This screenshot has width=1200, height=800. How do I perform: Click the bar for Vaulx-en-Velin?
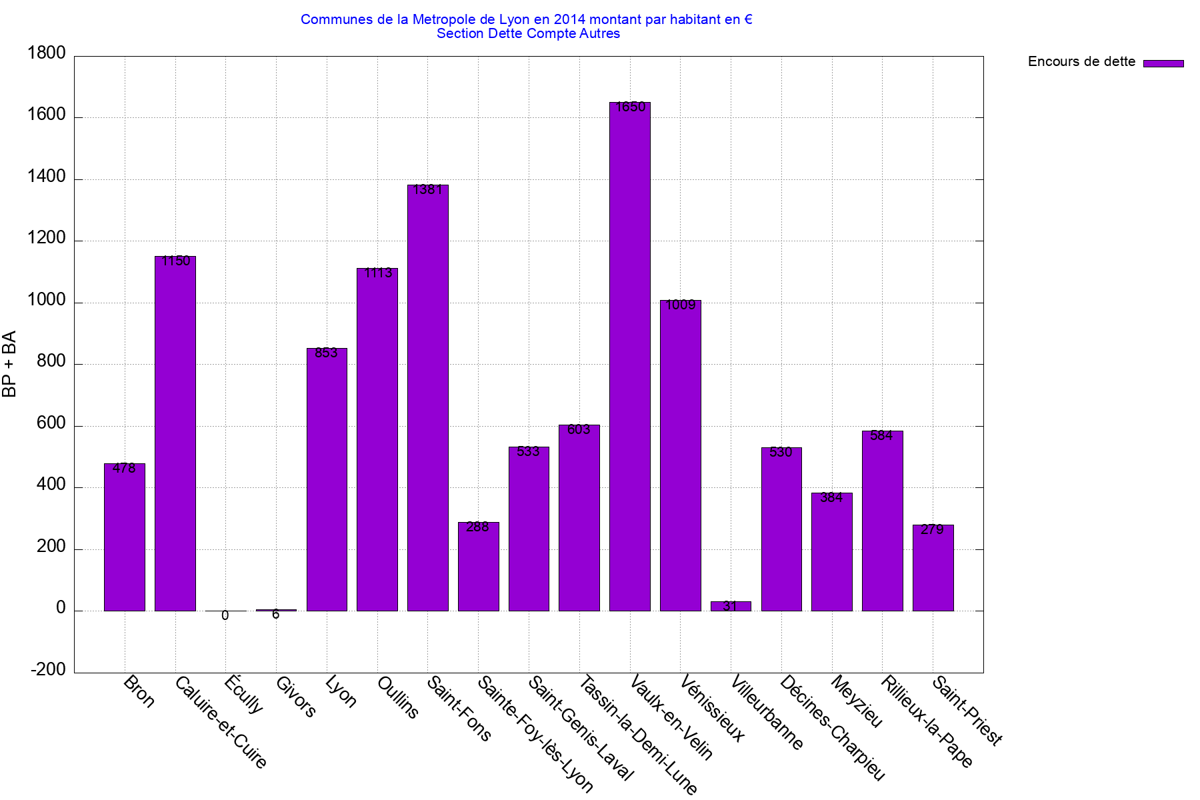[630, 357]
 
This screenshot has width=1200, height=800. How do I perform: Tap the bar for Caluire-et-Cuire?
[175, 433]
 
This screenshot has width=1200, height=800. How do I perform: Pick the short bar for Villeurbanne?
[731, 606]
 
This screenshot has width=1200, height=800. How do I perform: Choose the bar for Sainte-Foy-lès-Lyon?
[478, 567]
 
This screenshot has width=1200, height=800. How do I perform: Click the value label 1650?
[630, 107]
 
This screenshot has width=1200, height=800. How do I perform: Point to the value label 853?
[327, 353]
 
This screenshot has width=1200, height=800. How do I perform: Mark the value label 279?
[932, 530]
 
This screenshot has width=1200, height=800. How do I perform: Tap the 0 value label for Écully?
[225, 616]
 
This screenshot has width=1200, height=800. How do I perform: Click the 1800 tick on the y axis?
[47, 53]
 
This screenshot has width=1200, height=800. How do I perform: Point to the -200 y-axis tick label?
[48, 670]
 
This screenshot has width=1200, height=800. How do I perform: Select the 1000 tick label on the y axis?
[47, 301]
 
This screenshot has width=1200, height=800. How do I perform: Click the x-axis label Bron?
[139, 691]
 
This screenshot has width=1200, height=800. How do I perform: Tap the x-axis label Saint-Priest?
[967, 711]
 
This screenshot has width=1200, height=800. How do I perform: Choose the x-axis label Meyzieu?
[857, 701]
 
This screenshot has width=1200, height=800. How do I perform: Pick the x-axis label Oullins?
[397, 697]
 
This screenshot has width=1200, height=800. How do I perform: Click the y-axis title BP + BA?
[9, 364]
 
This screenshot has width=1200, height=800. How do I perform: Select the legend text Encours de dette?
[1081, 62]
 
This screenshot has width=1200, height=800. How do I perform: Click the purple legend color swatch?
[1163, 63]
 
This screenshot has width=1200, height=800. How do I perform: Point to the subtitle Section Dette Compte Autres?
[528, 34]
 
